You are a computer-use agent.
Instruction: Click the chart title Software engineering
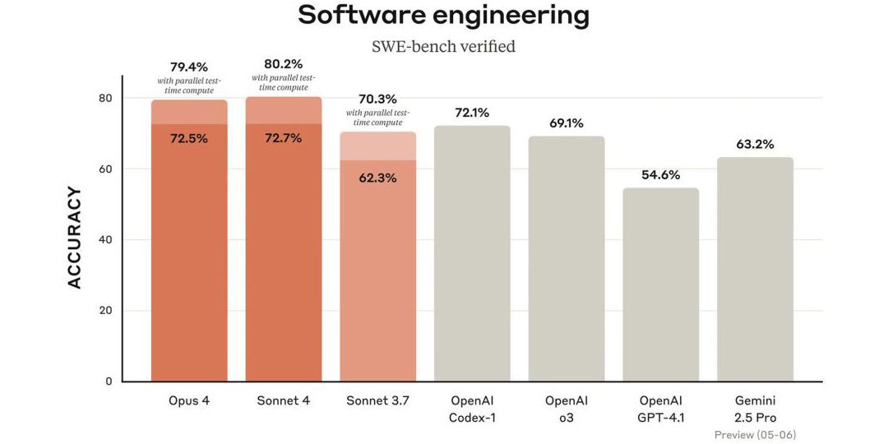[443, 15]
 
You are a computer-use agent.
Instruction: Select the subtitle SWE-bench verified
[443, 47]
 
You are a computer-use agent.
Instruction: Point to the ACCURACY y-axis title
[75, 238]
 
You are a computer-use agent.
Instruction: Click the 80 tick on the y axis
[104, 98]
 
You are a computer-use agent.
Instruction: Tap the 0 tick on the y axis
[109, 382]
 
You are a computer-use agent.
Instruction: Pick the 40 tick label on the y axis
[104, 240]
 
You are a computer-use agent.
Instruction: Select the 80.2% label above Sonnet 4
[283, 62]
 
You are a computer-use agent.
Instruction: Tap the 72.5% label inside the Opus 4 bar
[189, 138]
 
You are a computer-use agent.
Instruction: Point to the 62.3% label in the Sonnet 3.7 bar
[378, 178]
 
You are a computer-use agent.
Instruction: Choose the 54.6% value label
[660, 174]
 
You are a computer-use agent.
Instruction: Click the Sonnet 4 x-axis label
[283, 400]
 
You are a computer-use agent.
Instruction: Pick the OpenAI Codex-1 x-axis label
[472, 409]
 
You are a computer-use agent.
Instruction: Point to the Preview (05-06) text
[755, 434]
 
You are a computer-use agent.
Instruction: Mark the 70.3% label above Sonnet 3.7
[378, 99]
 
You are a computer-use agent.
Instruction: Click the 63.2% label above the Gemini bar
[755, 144]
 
